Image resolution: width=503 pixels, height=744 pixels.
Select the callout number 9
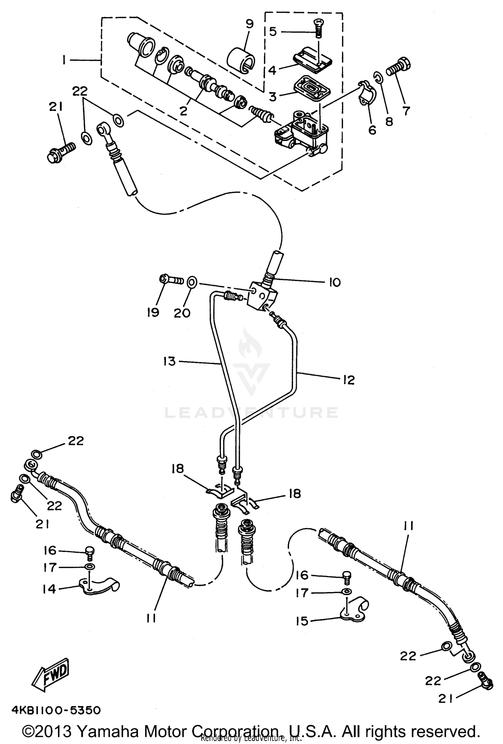click(x=249, y=24)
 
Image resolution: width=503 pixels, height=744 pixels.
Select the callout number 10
click(x=334, y=282)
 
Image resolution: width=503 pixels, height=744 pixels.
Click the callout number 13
click(x=170, y=361)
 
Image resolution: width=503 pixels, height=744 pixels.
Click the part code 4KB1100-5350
click(x=56, y=710)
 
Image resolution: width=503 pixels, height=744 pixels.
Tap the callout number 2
click(x=183, y=111)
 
